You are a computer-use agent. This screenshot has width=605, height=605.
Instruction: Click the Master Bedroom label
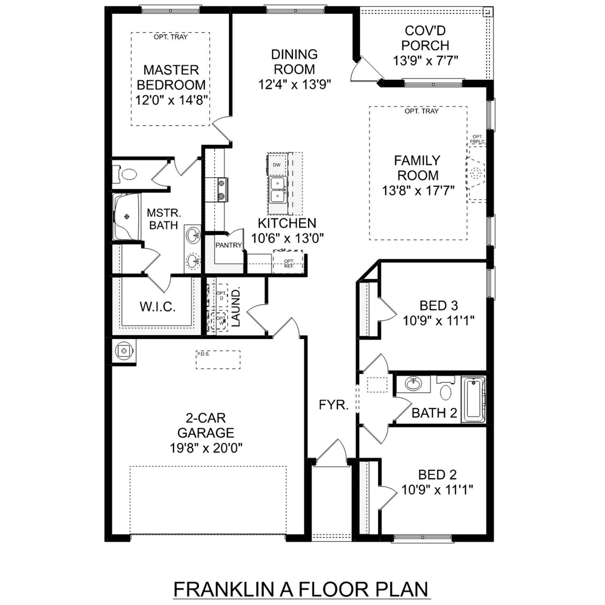tap(171, 77)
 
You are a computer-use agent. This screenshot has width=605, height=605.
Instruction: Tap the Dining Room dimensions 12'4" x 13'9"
tap(294, 85)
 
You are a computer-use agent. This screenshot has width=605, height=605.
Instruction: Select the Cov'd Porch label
tap(425, 38)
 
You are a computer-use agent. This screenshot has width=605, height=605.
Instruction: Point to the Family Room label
tap(417, 168)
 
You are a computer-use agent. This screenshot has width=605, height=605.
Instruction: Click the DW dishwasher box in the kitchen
tap(277, 165)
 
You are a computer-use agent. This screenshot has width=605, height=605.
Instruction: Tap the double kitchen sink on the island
tap(277, 190)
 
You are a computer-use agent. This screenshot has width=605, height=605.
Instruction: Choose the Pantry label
tap(228, 245)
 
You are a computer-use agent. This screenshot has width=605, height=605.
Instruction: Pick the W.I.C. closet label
tap(158, 307)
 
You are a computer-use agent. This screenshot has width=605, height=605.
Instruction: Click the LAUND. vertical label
tap(236, 307)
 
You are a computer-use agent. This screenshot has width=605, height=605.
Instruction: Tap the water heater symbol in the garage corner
tap(124, 351)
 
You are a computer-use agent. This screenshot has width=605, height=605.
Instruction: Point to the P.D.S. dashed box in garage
tap(218, 359)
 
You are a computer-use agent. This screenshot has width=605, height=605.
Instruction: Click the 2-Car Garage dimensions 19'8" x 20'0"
tap(206, 448)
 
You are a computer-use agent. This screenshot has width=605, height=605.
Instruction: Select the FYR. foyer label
tap(334, 405)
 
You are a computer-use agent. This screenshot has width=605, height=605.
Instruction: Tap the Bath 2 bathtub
tap(473, 399)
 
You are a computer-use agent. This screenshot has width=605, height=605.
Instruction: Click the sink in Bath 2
tap(413, 384)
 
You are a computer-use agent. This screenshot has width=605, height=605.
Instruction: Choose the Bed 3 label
tap(438, 306)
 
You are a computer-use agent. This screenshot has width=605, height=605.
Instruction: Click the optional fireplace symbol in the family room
tap(476, 174)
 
